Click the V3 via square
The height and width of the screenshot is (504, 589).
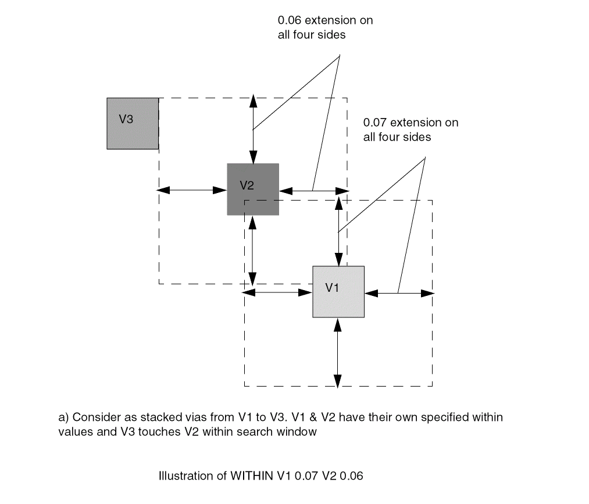pos(133,124)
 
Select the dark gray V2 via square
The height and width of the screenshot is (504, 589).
pos(253,190)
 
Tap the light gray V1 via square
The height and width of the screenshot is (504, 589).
pos(338,292)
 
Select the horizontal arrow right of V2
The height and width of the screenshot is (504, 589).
pos(314,190)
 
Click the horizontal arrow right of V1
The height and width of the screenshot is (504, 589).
pos(399,293)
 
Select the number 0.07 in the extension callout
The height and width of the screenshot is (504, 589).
pos(375,123)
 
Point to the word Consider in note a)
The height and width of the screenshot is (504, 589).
pos(93,417)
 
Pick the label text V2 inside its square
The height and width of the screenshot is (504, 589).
pos(247,185)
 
